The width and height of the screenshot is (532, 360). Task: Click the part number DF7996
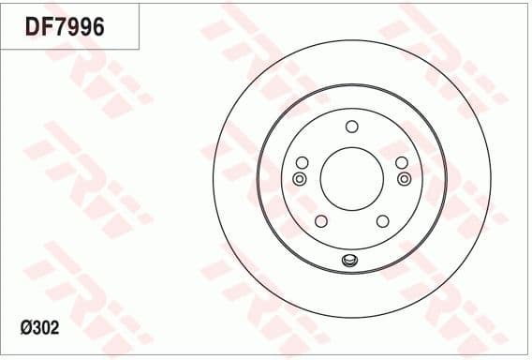[65, 27]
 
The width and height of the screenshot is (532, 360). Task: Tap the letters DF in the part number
[37, 27]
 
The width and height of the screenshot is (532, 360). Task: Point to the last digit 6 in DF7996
[96, 27]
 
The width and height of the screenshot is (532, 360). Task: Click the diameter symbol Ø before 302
[25, 330]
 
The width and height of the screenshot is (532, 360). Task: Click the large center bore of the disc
[351, 177]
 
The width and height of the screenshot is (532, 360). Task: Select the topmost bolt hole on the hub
[351, 127]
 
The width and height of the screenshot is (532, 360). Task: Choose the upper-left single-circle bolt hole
[303, 162]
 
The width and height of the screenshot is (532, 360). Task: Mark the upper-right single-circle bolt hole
[401, 162]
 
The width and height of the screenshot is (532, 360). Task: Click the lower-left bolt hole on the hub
[321, 220]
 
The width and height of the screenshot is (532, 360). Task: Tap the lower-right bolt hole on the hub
[382, 220]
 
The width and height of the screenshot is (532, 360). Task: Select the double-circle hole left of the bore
[300, 178]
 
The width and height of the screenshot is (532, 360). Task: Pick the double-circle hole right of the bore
[404, 178]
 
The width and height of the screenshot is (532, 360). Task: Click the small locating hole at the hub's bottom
[351, 261]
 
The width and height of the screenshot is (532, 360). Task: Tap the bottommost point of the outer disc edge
[351, 319]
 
